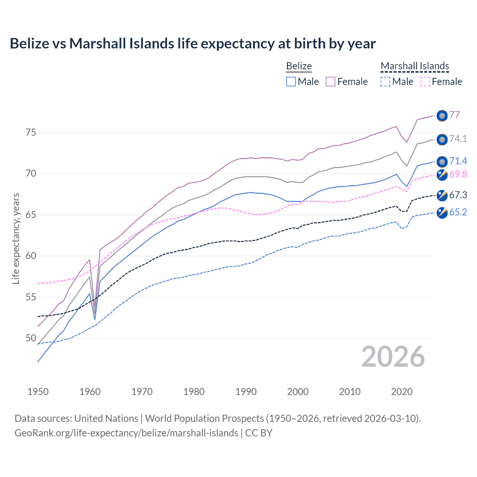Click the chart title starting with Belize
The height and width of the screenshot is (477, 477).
point(193,44)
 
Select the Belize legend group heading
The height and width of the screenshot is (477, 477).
point(299,66)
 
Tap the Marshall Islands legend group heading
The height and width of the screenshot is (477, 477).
point(415,66)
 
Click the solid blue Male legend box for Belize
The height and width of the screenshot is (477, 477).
point(291,82)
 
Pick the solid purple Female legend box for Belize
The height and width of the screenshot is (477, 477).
point(331,82)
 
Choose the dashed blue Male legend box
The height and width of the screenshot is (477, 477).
point(385,82)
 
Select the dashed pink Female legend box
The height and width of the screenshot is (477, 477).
point(425,82)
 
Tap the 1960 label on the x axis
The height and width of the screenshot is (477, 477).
point(90,392)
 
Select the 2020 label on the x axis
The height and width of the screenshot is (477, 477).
point(402,392)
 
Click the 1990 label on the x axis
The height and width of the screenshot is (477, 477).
point(246,392)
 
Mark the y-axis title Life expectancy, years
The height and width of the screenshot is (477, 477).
point(16,238)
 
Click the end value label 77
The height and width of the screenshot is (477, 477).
point(454,115)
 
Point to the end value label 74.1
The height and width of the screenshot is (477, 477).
point(458,139)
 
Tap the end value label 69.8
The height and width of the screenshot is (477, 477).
point(458,174)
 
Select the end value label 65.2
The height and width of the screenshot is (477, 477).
point(458,212)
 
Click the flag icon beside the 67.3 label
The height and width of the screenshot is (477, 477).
point(442,195)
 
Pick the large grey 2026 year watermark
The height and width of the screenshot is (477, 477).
point(393,357)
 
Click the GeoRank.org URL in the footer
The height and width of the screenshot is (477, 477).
point(126,433)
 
